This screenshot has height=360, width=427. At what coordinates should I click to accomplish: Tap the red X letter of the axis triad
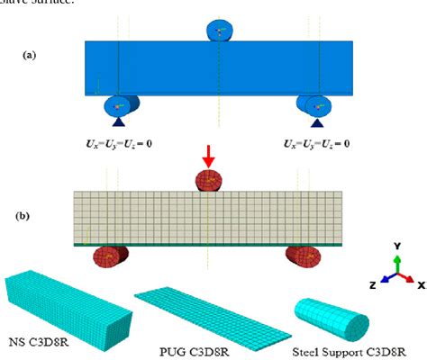[x=420, y=283]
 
